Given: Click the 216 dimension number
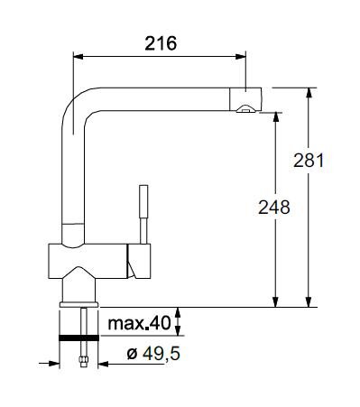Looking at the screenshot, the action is [x=161, y=43].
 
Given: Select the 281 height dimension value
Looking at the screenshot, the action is [x=309, y=161].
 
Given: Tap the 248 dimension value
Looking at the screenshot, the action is [x=274, y=208].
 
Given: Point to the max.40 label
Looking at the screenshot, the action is [x=139, y=323].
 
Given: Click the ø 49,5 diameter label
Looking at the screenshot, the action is [x=153, y=354].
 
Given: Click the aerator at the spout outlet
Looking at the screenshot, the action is [x=246, y=109].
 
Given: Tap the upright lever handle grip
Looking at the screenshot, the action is [x=143, y=201].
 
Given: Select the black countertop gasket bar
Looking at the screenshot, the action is [x=78, y=338].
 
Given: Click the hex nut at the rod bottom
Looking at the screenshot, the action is [x=83, y=360].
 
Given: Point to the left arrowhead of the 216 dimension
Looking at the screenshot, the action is [x=78, y=57].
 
